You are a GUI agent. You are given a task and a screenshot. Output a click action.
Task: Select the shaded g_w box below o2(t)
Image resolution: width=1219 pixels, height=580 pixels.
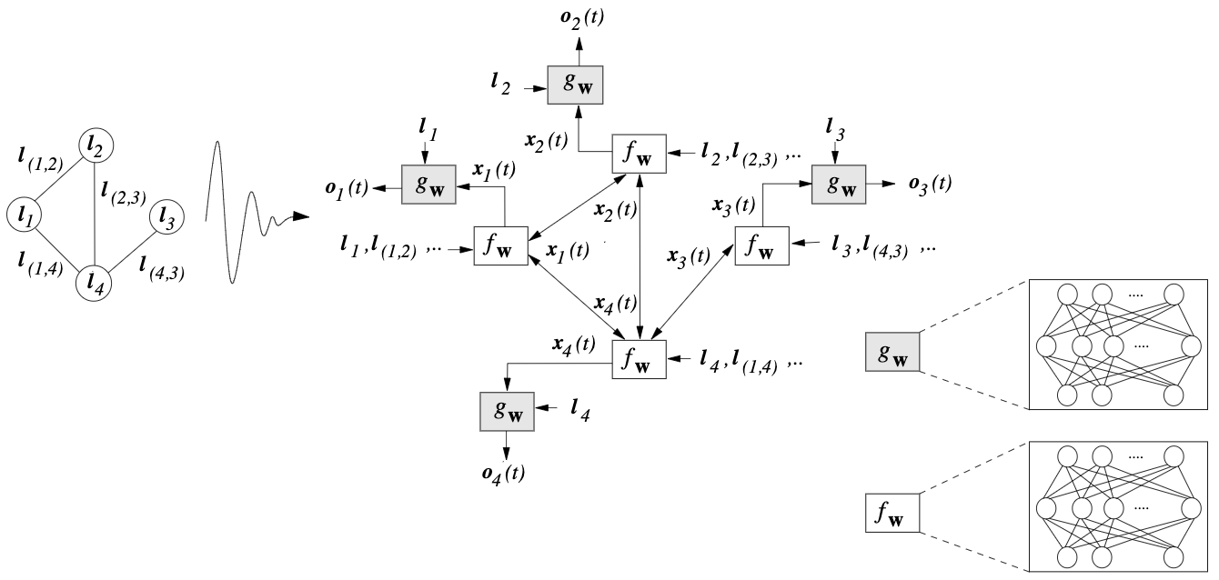pos(576,85)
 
